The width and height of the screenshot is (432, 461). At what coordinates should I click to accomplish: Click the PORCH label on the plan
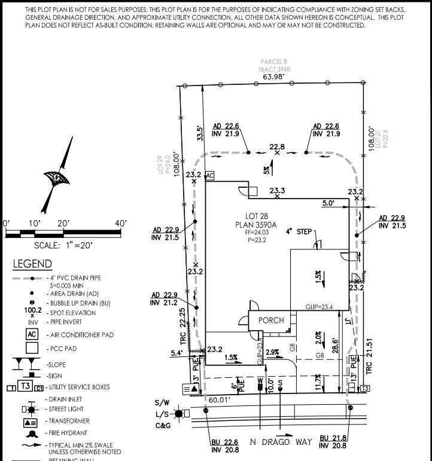[270, 320]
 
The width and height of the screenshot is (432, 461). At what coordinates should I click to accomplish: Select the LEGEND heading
[32, 264]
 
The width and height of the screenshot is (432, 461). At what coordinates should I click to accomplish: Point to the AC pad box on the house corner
[209, 176]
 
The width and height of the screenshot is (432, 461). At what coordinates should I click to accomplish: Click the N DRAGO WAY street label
[281, 442]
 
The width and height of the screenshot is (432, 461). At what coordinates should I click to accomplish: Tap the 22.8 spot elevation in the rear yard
[277, 146]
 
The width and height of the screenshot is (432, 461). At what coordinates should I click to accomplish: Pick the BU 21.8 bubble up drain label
[333, 438]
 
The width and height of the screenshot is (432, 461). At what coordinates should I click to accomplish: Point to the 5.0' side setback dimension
[328, 203]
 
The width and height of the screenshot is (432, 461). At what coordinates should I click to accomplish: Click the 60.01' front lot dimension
[220, 399]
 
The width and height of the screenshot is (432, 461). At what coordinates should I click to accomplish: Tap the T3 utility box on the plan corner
[364, 389]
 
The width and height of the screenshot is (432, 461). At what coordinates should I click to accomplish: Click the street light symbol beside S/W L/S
[179, 413]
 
